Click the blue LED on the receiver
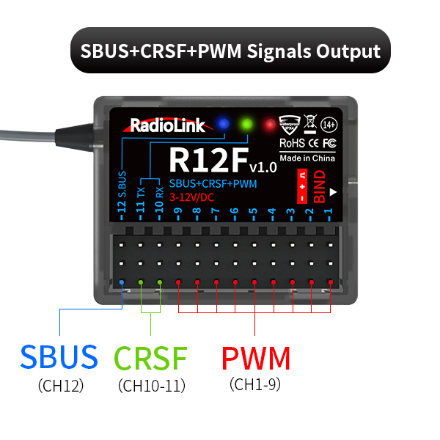pyautogui.click(x=225, y=123)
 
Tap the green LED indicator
pyautogui.click(x=249, y=123)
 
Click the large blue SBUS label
pyautogui.click(x=59, y=357)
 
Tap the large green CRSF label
pyautogui.click(x=151, y=357)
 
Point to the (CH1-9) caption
pyautogui.click(x=257, y=384)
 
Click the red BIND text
pyautogui.click(x=319, y=187)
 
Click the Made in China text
pyautogui.click(x=307, y=158)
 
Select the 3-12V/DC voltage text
pyautogui.click(x=192, y=197)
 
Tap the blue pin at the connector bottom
pyautogui.click(x=122, y=281)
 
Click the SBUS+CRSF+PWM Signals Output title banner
pyautogui.click(x=230, y=51)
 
